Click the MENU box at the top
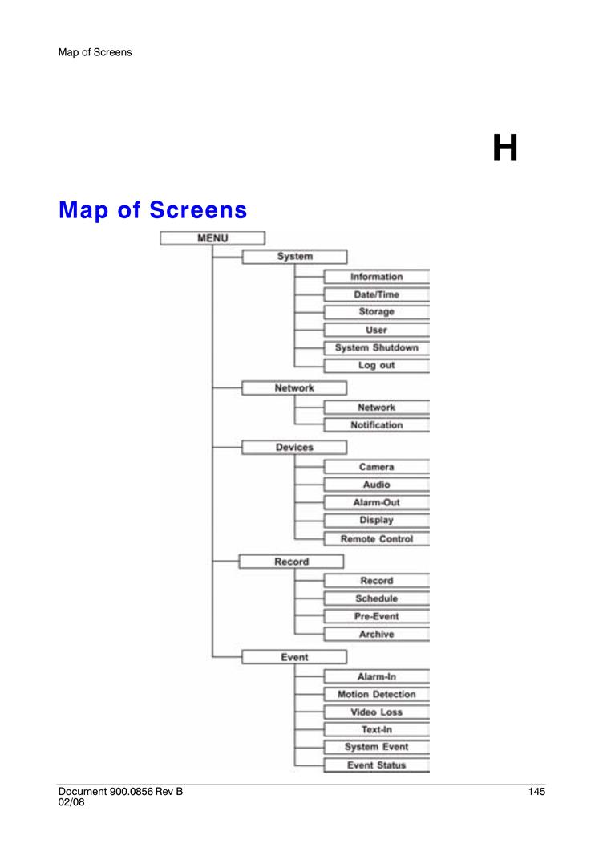[x=212, y=238]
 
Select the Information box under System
[x=376, y=277]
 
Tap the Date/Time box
[x=376, y=294]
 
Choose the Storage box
[x=376, y=312]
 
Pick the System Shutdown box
[x=376, y=347]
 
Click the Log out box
[x=376, y=365]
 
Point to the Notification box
[x=376, y=425]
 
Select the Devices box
[x=294, y=447]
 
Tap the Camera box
[x=376, y=467]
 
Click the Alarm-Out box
[x=376, y=502]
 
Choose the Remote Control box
[x=376, y=538]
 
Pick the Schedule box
[x=376, y=598]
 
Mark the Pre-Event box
[x=376, y=616]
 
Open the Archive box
[x=376, y=634]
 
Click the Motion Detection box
[x=376, y=694]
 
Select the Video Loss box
[x=376, y=712]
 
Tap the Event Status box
[x=376, y=765]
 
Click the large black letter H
[x=504, y=148]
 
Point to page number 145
[x=536, y=792]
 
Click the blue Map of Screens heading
[x=152, y=209]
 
